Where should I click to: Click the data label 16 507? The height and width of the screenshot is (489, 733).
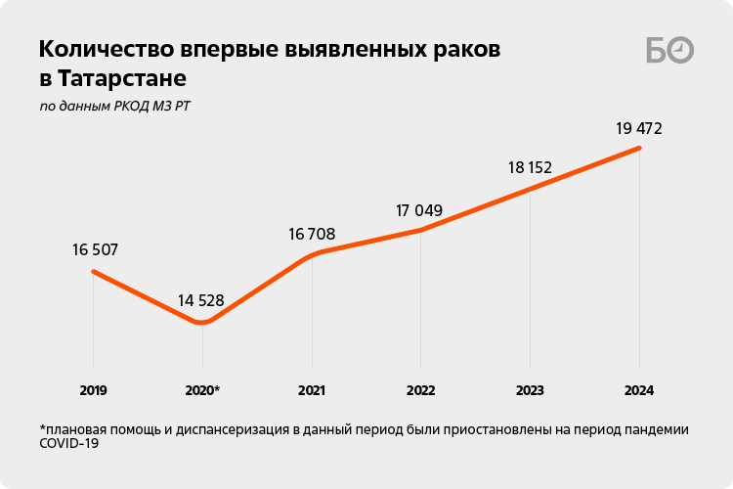click(x=95, y=249)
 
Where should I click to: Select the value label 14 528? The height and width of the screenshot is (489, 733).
click(x=200, y=300)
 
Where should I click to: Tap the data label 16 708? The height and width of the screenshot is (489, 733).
click(x=312, y=234)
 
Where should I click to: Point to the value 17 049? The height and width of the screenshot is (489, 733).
click(x=419, y=210)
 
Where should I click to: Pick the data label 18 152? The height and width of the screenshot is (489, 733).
click(x=530, y=167)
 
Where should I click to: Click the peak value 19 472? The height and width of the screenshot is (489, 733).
click(x=640, y=127)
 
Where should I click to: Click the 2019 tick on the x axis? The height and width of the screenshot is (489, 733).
click(x=93, y=390)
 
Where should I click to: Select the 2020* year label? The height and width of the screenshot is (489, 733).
click(x=202, y=390)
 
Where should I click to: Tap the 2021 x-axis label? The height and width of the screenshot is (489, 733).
click(x=312, y=390)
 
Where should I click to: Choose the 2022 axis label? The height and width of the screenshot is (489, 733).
click(x=421, y=390)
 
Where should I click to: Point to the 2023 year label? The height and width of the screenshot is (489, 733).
click(x=531, y=390)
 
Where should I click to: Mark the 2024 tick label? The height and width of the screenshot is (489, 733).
click(x=640, y=390)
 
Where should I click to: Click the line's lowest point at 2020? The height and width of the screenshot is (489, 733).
click(x=202, y=322)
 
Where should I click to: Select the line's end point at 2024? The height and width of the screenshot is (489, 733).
click(x=639, y=148)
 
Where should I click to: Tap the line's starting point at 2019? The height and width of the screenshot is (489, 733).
click(x=93, y=271)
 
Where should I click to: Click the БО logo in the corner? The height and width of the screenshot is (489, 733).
click(x=669, y=51)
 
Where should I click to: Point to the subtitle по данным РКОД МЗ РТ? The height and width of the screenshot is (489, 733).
click(x=114, y=106)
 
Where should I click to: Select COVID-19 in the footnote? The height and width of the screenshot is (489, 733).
click(x=69, y=443)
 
